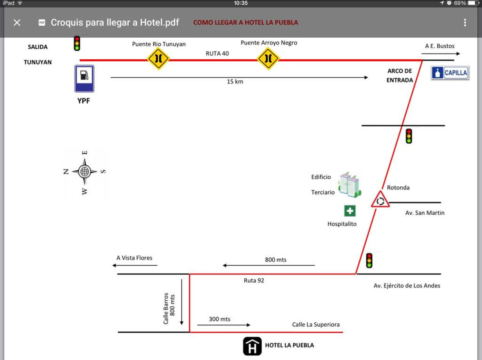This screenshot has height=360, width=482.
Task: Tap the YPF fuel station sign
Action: click(84, 79)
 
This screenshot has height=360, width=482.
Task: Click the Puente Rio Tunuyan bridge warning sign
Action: click(158, 58)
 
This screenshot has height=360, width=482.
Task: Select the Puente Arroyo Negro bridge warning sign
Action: click(268, 58)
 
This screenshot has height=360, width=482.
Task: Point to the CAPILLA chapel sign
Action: click(450, 73)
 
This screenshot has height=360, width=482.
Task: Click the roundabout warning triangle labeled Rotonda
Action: click(380, 199)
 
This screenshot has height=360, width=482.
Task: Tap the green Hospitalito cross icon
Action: click(350, 211)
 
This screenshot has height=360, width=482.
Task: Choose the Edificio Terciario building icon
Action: click(349, 185)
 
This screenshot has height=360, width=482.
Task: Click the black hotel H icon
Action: click(252, 346)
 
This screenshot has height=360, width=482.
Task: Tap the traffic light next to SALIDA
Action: click(77, 43)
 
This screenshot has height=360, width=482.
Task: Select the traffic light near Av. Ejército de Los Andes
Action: click(369, 260)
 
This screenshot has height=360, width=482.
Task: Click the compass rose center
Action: click(85, 172)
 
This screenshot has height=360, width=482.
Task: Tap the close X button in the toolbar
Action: click(17, 22)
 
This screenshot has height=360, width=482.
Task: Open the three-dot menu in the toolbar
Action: click(465, 22)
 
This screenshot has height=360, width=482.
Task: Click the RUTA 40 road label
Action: click(217, 53)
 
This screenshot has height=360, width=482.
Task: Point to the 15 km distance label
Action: click(235, 82)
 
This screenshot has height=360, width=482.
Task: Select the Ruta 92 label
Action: click(254, 280)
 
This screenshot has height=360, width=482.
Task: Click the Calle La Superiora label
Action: click(316, 325)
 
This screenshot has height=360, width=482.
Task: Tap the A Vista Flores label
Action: click(134, 258)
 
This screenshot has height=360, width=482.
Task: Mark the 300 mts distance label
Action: click(220, 319)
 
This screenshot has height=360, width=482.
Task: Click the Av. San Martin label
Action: click(425, 213)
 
